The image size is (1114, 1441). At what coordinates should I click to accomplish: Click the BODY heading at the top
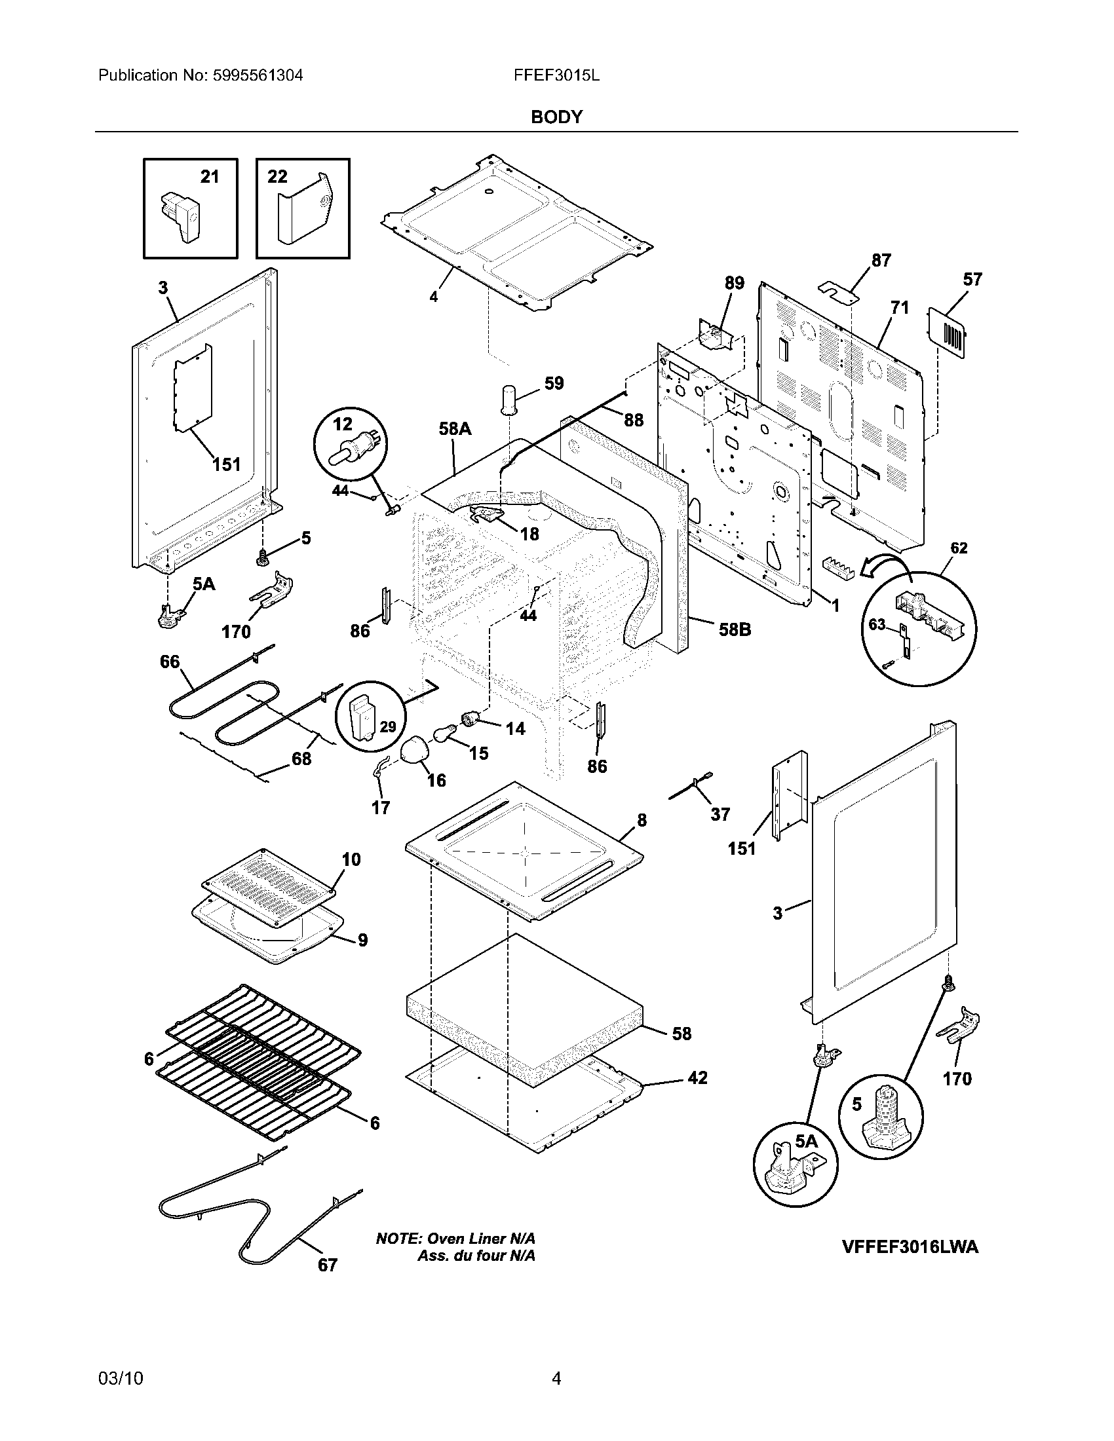coord(556,117)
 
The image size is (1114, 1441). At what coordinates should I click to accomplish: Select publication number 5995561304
coord(258,75)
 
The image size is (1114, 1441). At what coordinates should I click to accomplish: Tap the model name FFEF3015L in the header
coord(556,75)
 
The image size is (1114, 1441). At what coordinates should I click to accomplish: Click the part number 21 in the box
coord(209,177)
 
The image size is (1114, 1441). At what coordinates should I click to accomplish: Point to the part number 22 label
coord(277,177)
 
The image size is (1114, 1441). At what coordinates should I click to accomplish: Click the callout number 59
coord(554,383)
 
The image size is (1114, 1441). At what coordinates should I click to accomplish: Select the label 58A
coord(455,429)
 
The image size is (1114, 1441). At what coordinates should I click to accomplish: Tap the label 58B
coord(735,629)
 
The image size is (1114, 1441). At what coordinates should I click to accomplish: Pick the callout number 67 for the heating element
coord(328,1265)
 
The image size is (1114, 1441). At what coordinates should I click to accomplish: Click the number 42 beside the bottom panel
coord(698,1077)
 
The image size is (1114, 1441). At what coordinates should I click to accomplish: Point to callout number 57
coord(972,280)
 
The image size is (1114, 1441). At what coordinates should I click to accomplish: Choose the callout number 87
coord(881,261)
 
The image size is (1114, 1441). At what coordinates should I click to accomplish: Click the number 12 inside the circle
coord(343,424)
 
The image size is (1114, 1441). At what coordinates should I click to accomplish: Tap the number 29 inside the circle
coord(388,727)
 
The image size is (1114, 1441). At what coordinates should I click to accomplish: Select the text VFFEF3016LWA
coord(910,1247)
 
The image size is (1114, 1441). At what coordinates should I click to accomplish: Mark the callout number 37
coord(720,814)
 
